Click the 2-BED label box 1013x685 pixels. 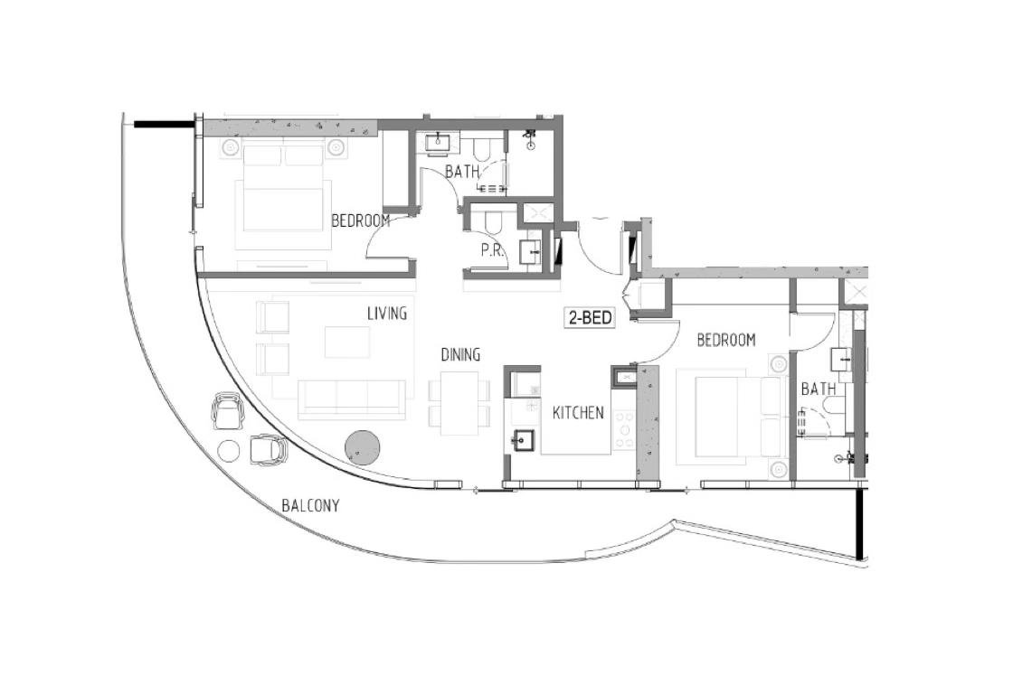tap(590, 317)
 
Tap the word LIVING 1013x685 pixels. tap(387, 314)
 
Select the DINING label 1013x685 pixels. tap(460, 354)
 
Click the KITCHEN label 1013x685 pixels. tap(578, 413)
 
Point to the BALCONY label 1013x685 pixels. tap(311, 505)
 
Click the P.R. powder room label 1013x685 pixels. tap(492, 251)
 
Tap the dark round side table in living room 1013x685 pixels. tap(364, 446)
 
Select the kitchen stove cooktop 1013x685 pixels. tap(623, 429)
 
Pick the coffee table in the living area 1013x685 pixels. tap(347, 342)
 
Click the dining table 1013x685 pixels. tap(460, 404)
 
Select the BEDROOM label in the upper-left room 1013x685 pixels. tap(361, 221)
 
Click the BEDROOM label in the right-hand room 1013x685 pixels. tap(726, 340)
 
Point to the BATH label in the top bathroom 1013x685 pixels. tap(463, 172)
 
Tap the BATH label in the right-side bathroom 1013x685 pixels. tap(819, 389)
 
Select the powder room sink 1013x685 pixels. tap(531, 252)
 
